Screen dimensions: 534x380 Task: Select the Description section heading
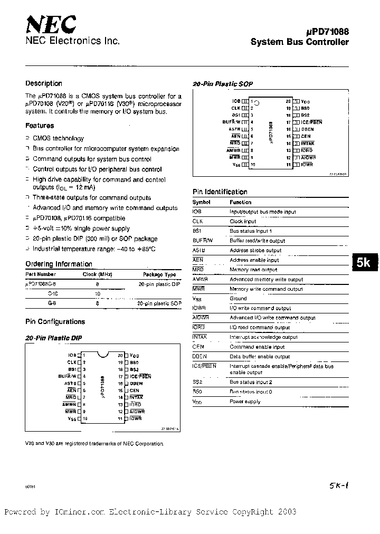coord(44,83)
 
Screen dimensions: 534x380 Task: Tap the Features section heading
coord(40,126)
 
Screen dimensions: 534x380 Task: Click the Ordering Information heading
coord(59,264)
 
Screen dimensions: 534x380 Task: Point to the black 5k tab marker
coord(364,263)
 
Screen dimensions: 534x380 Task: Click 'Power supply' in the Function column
coord(245,402)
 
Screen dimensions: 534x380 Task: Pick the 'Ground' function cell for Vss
coord(238,299)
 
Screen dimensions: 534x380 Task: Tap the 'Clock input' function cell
coord(243,222)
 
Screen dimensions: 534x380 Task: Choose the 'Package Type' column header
coord(159,274)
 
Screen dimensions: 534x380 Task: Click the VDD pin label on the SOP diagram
coord(306,101)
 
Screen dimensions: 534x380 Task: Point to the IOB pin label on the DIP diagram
coord(72,356)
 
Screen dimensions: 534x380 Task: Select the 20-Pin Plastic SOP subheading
coord(222,84)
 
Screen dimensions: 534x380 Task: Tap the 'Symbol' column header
coord(201,202)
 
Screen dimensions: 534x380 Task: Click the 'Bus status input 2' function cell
coord(251,382)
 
